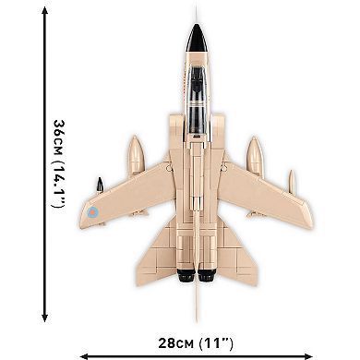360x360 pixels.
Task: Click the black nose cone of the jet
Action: tap(196, 39)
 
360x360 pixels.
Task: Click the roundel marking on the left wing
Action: tap(92, 212)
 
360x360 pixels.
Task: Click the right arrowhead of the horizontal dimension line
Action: tap(310, 352)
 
